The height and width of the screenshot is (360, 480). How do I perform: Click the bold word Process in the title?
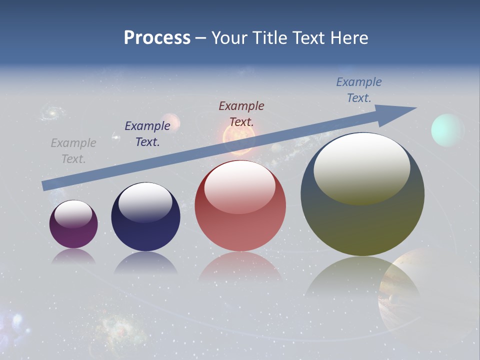[x=157, y=38]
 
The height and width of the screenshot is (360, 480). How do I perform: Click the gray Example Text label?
[x=73, y=151]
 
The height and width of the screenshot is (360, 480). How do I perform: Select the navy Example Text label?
[x=147, y=134]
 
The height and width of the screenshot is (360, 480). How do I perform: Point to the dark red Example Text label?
[x=241, y=113]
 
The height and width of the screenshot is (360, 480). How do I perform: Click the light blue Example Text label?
[x=359, y=90]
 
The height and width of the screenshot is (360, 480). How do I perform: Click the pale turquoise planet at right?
[x=447, y=130]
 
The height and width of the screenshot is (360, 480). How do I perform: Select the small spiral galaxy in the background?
[x=50, y=113]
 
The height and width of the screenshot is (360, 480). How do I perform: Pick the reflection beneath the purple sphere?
[x=73, y=257]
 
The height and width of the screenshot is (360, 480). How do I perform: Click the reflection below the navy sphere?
[x=145, y=262]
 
